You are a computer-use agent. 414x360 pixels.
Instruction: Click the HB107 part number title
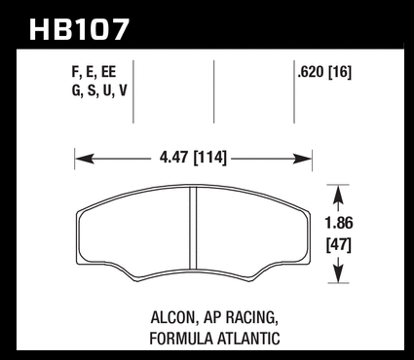80,29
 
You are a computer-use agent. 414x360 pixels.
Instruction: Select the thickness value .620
311,72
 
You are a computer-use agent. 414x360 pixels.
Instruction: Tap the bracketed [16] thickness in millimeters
340,72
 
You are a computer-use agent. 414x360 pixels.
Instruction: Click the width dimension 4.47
173,158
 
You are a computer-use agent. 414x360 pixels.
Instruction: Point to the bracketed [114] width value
209,158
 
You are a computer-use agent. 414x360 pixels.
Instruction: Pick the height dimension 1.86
339,223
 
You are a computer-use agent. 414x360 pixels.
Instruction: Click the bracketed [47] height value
339,245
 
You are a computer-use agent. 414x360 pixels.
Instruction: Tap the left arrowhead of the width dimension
85,159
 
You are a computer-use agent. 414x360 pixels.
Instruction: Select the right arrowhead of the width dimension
302,159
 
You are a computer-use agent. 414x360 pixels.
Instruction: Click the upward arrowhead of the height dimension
338,194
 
